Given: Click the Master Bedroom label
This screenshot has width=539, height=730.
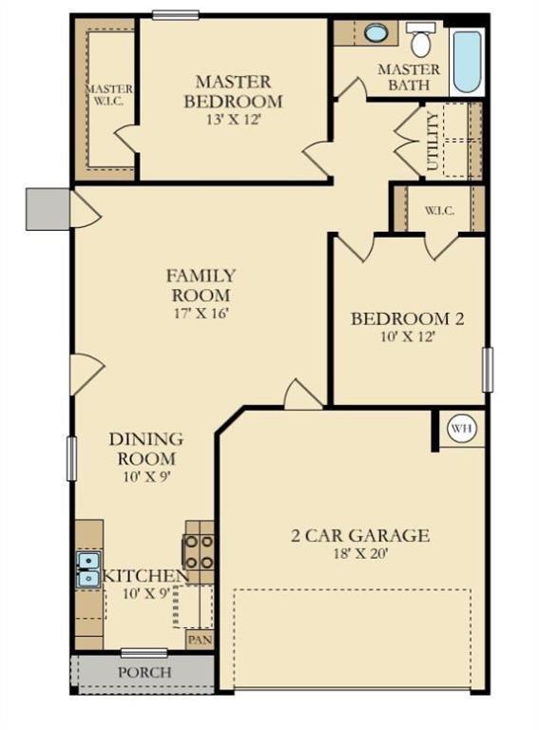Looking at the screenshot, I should pyautogui.click(x=233, y=91).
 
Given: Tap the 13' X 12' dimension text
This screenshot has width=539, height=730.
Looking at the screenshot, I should pyautogui.click(x=233, y=120).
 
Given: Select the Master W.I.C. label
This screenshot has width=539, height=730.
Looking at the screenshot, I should pyautogui.click(x=106, y=94).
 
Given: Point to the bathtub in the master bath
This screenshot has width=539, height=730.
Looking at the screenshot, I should pyautogui.click(x=467, y=62).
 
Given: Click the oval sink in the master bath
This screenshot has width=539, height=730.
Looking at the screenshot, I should pyautogui.click(x=376, y=33).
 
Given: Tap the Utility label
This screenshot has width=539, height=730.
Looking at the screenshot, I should pyautogui.click(x=433, y=140).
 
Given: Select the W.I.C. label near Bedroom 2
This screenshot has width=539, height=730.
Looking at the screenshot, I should pyautogui.click(x=439, y=210).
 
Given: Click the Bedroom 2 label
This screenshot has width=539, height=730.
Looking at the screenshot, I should pyautogui.click(x=408, y=318).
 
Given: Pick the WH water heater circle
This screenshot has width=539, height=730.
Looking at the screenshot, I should pyautogui.click(x=461, y=430).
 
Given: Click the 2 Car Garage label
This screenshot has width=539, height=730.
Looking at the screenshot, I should pyautogui.click(x=359, y=535).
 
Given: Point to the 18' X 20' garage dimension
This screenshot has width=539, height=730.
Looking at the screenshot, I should pyautogui.click(x=359, y=555).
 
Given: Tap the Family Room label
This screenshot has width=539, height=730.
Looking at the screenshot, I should pyautogui.click(x=201, y=285).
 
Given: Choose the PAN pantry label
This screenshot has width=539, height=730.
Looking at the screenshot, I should pyautogui.click(x=200, y=640).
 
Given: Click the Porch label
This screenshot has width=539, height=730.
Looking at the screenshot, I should pyautogui.click(x=144, y=672).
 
